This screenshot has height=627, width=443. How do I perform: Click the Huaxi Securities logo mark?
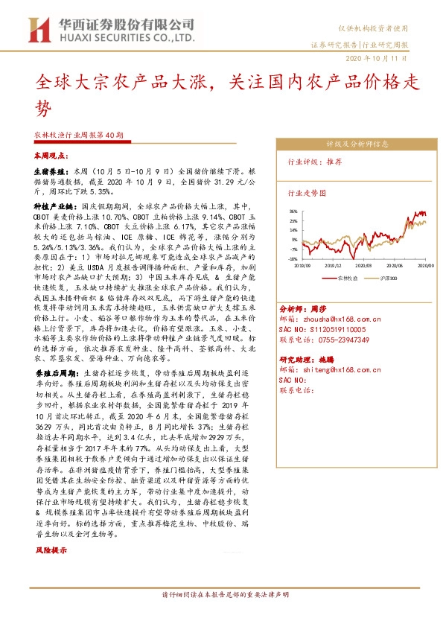point(38,30)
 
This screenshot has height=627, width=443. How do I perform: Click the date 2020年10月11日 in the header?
point(377,59)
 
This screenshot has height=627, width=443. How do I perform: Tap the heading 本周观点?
point(51,157)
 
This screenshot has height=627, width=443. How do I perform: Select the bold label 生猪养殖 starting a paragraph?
point(49,171)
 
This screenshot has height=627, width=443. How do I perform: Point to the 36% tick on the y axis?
point(294,211)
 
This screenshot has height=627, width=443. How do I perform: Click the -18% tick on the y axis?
point(294,258)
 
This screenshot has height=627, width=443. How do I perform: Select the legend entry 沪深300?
point(386,276)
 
